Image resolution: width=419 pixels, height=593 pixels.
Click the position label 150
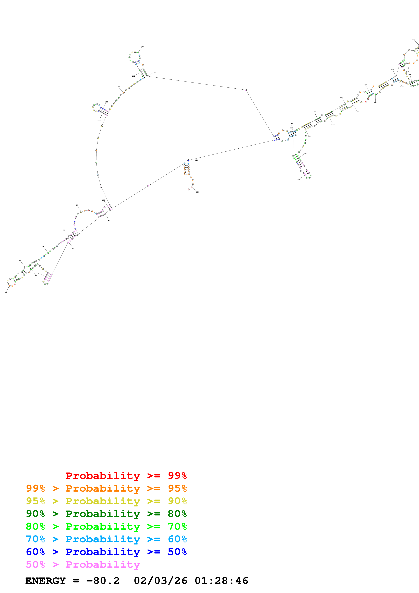click(x=142, y=46)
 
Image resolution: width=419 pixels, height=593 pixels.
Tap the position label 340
click(x=196, y=160)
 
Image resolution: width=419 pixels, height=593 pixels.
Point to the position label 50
click(x=6, y=293)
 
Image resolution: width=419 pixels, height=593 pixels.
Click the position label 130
click(x=118, y=87)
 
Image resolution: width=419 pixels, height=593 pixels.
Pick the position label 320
click(x=299, y=179)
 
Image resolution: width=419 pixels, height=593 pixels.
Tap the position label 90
click(x=77, y=205)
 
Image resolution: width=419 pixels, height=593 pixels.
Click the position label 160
click(x=154, y=73)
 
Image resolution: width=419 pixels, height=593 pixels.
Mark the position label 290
click(x=333, y=124)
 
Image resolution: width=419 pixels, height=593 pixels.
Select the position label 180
click(x=314, y=112)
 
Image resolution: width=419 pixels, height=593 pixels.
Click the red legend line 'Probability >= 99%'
click(x=126, y=476)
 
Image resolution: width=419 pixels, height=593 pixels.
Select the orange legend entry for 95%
click(x=106, y=488)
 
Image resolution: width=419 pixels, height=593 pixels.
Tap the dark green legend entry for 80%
click(x=106, y=514)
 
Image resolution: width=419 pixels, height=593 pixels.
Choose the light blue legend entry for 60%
click(x=106, y=539)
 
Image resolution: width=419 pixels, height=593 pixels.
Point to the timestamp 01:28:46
click(x=221, y=581)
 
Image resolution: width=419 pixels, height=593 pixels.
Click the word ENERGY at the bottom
click(x=45, y=581)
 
